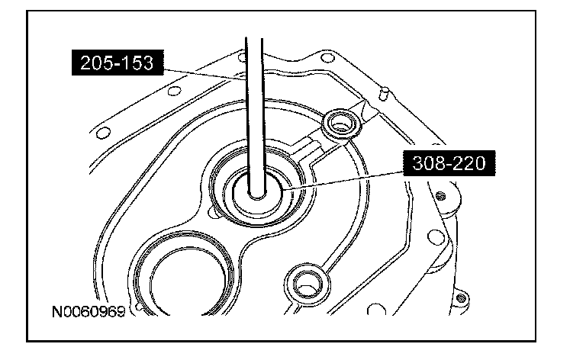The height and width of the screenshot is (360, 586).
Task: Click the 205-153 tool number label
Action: (118, 63)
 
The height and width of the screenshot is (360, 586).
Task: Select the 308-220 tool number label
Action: (449, 163)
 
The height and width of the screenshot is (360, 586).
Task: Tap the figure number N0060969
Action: (89, 311)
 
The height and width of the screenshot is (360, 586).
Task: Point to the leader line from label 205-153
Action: (204, 74)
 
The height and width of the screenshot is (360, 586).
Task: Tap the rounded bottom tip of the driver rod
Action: (256, 195)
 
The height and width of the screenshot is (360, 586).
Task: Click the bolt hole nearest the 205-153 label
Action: (175, 91)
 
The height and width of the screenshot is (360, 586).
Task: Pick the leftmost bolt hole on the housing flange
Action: (104, 133)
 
